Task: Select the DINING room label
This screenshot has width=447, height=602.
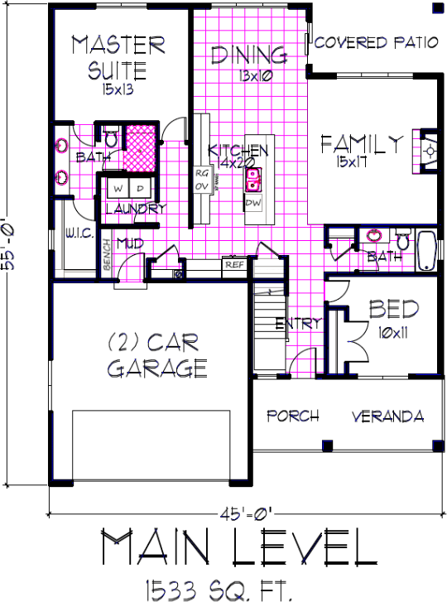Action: pyautogui.click(x=248, y=56)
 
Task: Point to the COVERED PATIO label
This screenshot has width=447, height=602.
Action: pyautogui.click(x=377, y=43)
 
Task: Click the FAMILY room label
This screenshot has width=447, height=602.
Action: pyautogui.click(x=363, y=145)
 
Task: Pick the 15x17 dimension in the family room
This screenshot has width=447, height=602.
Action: pyautogui.click(x=363, y=163)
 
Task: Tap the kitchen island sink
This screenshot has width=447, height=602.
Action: pyautogui.click(x=256, y=177)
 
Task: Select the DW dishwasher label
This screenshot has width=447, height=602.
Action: pyautogui.click(x=254, y=202)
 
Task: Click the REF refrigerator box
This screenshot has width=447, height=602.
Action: pyautogui.click(x=233, y=265)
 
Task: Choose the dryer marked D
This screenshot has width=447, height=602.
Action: pyautogui.click(x=139, y=189)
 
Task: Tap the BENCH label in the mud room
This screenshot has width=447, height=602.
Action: pyautogui.click(x=107, y=257)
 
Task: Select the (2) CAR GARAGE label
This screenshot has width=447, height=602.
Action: pyautogui.click(x=156, y=354)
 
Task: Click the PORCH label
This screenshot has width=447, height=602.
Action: pyautogui.click(x=292, y=416)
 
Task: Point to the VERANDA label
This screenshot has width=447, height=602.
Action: pyautogui.click(x=387, y=416)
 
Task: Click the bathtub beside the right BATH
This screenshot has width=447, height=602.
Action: pyautogui.click(x=425, y=250)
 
